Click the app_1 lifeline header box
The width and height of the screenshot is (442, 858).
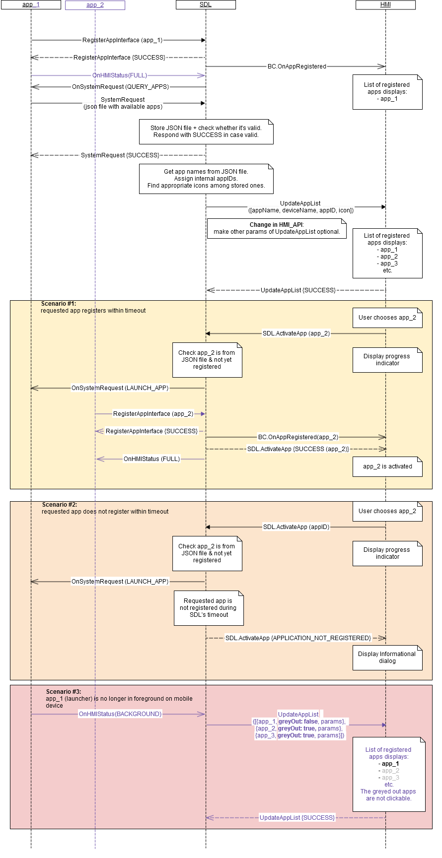tap(31, 5)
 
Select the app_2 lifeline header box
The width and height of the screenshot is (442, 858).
tap(95, 5)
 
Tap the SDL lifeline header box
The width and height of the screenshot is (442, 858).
tap(206, 5)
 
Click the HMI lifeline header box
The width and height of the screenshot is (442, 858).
tap(385, 5)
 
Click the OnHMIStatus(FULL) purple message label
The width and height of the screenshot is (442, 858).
tap(120, 75)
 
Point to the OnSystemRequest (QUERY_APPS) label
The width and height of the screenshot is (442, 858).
tap(121, 87)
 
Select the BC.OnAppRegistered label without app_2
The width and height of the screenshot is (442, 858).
tap(297, 66)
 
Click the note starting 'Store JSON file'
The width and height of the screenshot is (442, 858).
tap(206, 132)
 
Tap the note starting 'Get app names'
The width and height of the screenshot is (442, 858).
tap(206, 179)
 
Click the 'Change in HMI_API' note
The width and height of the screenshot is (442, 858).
tap(277, 228)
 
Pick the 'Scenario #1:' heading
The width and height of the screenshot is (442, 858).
tap(59, 304)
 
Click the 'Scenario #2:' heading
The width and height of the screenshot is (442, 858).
tap(60, 505)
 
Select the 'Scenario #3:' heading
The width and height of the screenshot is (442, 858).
tap(64, 692)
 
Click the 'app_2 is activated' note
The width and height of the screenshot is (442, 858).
tap(387, 466)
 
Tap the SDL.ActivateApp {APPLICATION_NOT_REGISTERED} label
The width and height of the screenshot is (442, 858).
tap(298, 638)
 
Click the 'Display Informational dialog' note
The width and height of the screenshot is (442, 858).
tap(387, 658)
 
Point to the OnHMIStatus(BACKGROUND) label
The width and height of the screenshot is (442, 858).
tap(120, 714)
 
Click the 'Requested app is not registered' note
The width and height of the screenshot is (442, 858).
tap(209, 608)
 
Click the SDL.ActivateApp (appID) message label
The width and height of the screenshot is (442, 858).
tap(296, 527)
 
